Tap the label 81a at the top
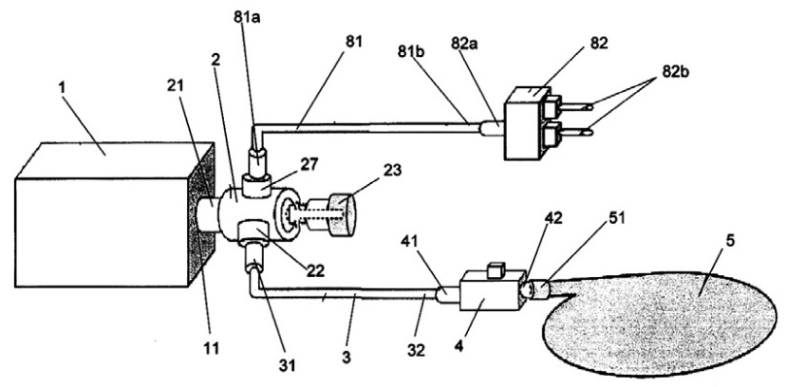click(x=246, y=17)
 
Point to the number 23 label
click(x=392, y=170)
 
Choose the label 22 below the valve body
click(x=314, y=270)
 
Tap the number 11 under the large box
click(x=211, y=348)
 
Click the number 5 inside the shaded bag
click(x=729, y=240)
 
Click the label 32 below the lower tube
click(x=416, y=349)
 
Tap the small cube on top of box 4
click(x=496, y=267)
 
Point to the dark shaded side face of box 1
click(x=201, y=214)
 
